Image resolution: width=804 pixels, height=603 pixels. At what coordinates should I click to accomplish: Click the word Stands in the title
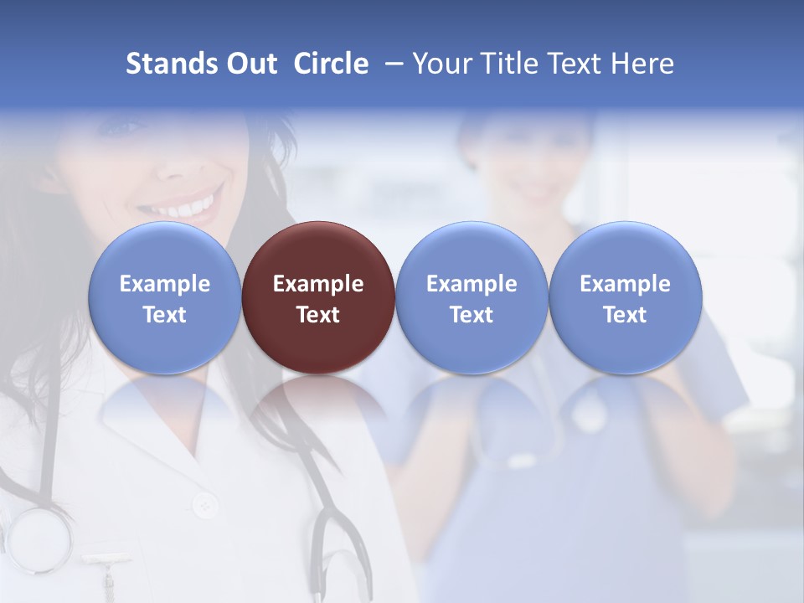[x=171, y=64]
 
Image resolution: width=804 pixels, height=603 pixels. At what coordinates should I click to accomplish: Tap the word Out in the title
[x=250, y=64]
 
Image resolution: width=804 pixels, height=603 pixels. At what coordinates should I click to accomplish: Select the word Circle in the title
[x=331, y=64]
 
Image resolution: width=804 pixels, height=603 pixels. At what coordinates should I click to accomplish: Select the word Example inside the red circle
[x=318, y=284]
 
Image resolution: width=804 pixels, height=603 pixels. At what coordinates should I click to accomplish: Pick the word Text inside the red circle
[x=318, y=315]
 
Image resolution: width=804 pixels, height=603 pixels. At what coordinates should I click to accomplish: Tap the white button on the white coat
[x=204, y=505]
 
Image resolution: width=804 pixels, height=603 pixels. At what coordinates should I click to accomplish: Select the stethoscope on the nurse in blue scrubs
[x=586, y=410]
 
